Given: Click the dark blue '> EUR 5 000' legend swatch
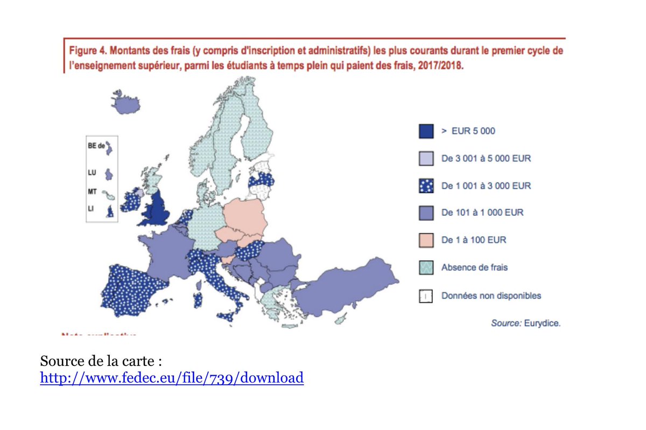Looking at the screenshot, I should click(x=426, y=131).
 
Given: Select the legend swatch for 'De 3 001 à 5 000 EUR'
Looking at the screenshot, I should click(x=426, y=158).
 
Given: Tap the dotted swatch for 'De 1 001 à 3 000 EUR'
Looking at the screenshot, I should click(x=426, y=186).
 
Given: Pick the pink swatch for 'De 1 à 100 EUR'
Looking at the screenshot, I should click(x=426, y=240).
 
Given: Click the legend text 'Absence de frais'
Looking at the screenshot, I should click(x=474, y=267).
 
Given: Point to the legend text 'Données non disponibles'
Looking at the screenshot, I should click(x=491, y=295).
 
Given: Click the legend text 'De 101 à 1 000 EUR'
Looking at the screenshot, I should click(x=482, y=213).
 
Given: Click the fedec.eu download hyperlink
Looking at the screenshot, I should click(x=172, y=378).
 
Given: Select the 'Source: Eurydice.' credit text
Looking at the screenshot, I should click(x=525, y=323).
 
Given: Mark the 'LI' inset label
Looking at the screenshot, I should click(x=91, y=208).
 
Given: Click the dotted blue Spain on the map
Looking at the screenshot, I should click(x=137, y=291).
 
